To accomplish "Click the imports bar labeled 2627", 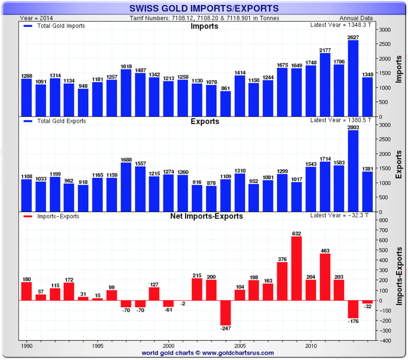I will (353, 78).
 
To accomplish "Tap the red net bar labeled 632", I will (297, 269).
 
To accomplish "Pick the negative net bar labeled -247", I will (225, 313).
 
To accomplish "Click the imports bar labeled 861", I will (225, 104).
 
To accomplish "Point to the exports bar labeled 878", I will (211, 199).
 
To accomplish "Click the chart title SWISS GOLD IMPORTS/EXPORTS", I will (204, 8).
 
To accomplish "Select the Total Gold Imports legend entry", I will (54, 26).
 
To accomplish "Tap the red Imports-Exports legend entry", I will (51, 216).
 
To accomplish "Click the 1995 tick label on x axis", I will (98, 346).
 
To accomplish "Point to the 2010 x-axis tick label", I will (311, 346).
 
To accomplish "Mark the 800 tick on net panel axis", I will (383, 220).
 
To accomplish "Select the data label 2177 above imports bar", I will (325, 50).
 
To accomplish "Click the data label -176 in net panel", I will (353, 321).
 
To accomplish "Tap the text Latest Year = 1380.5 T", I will (341, 120).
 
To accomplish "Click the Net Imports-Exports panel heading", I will (207, 216).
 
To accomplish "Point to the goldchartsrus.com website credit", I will (208, 353).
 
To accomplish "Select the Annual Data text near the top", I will (356, 18).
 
